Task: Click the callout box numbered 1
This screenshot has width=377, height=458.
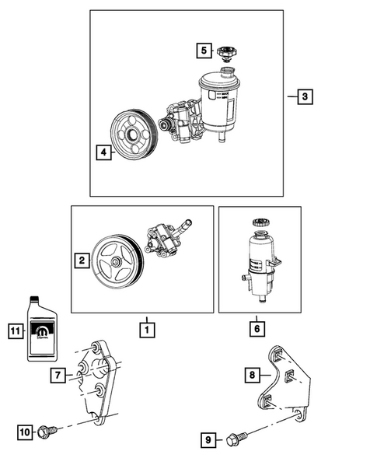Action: point(145,329)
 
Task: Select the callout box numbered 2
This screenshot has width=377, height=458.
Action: point(80,262)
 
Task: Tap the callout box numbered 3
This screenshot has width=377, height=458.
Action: point(305,97)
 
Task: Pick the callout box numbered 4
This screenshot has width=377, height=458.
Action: point(102,152)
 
